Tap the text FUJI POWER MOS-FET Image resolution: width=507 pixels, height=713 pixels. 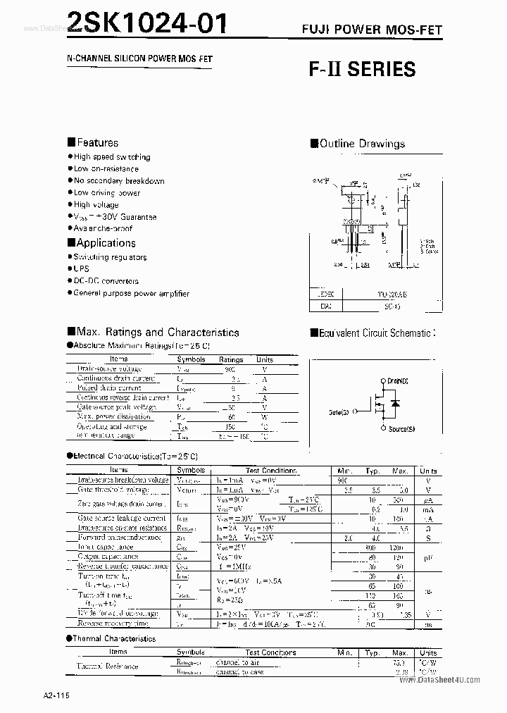[x=377, y=30]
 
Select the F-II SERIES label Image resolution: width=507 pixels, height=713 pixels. [x=362, y=69]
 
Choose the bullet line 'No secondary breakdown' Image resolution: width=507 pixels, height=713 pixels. [x=119, y=181]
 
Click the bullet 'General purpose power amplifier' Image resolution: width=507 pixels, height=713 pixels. [x=132, y=293]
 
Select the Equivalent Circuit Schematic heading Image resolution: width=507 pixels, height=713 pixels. [x=375, y=333]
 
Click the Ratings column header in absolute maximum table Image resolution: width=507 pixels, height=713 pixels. [x=231, y=359]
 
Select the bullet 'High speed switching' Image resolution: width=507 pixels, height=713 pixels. [x=112, y=157]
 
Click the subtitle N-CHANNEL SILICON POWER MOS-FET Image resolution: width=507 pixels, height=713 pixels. [x=125, y=59]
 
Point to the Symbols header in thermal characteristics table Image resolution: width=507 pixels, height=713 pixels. [x=191, y=652]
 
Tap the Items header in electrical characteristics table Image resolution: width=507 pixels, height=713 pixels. [x=118, y=470]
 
